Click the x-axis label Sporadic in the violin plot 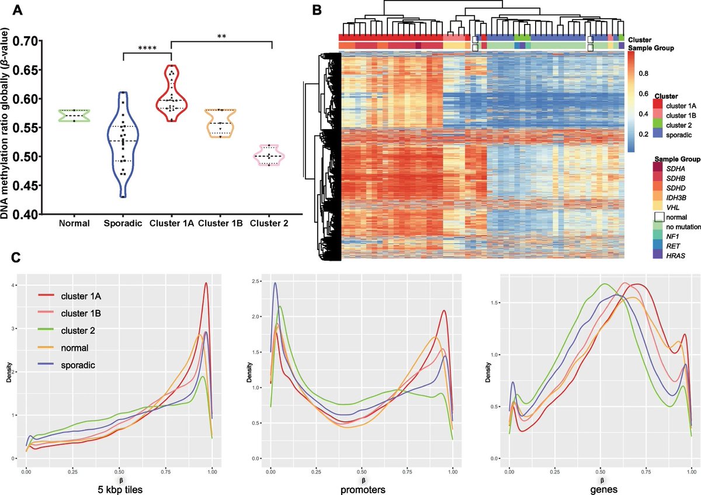[123, 223]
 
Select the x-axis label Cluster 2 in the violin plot [269, 223]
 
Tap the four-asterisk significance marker [147, 49]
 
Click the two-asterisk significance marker [221, 37]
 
